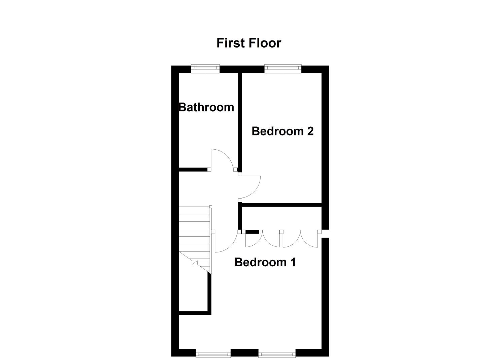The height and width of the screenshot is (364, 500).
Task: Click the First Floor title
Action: point(248,43)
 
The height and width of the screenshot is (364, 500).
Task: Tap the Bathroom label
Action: point(206,107)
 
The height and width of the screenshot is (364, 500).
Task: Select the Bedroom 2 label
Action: point(282,131)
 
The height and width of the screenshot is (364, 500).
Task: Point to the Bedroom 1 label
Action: point(265,262)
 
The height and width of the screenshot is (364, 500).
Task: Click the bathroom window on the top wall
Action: point(205,69)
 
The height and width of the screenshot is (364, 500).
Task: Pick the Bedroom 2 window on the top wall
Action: point(282,69)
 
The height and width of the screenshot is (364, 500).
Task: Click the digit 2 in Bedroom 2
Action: point(310,131)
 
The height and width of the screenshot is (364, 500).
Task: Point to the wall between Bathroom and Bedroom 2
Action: point(240,121)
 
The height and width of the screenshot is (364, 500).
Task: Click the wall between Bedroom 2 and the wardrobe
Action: point(281,205)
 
